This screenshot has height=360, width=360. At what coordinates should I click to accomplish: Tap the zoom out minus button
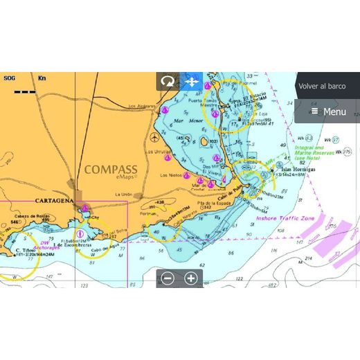[x=168, y=278]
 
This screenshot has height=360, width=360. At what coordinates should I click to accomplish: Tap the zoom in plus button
[x=191, y=278]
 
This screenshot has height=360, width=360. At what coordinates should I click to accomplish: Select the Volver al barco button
[x=321, y=87]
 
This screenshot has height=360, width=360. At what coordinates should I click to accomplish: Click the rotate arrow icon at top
[x=168, y=82]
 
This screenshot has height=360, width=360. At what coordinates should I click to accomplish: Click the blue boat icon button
[x=192, y=82]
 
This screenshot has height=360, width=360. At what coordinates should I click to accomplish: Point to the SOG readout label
[x=9, y=78]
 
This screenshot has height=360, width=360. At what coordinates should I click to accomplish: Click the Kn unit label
[x=42, y=78]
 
